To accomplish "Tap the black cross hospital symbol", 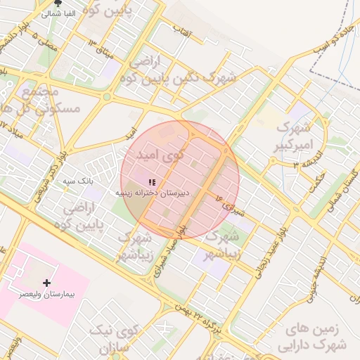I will coord(47,283).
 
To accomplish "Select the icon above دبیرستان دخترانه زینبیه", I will coord(152,182).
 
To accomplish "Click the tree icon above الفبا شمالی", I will coord(57,4).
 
